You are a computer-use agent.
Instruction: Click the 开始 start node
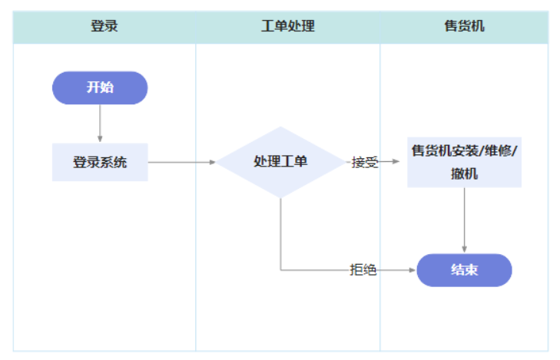point(99,88)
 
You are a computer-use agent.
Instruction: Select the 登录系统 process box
point(99,162)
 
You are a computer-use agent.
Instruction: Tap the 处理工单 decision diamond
point(280,162)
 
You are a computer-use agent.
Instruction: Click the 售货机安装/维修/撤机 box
point(464,162)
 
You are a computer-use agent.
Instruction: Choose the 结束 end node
point(464,270)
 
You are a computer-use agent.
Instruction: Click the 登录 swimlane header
point(104,27)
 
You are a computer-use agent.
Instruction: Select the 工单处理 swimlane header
point(287,27)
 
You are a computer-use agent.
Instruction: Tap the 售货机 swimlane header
point(464,27)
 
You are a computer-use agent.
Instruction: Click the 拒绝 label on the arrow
point(363,270)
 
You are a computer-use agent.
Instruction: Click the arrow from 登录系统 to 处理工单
point(181,162)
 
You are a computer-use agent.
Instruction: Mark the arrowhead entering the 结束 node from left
point(413,270)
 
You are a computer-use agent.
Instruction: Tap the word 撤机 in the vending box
point(464,173)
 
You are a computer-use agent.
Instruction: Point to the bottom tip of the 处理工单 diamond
point(280,197)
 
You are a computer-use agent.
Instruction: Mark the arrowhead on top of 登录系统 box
point(100,139)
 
